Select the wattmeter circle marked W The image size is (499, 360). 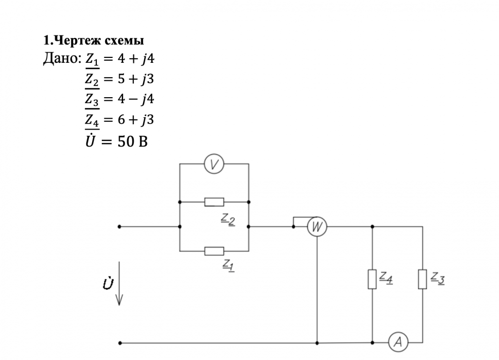316,227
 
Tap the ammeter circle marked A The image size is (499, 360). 398,342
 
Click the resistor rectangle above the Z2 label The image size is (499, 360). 214,202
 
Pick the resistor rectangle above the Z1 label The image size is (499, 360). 214,251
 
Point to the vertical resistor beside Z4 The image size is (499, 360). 372,279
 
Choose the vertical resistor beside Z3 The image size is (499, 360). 423,279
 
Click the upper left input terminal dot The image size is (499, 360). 119,226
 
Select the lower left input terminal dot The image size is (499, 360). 119,343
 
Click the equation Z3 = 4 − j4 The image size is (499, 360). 119,99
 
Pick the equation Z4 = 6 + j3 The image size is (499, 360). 119,120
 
